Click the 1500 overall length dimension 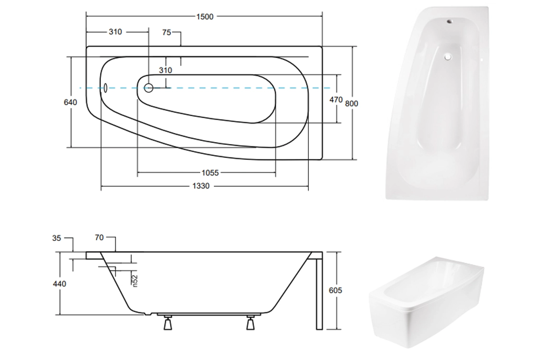click(x=205, y=16)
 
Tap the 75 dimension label click(x=166, y=32)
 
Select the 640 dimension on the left click(x=70, y=102)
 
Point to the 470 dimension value click(x=336, y=99)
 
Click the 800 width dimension click(x=351, y=103)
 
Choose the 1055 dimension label click(x=210, y=173)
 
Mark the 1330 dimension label click(x=201, y=186)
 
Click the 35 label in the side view click(x=57, y=238)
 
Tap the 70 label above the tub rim click(x=99, y=237)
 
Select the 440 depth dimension click(x=60, y=284)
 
